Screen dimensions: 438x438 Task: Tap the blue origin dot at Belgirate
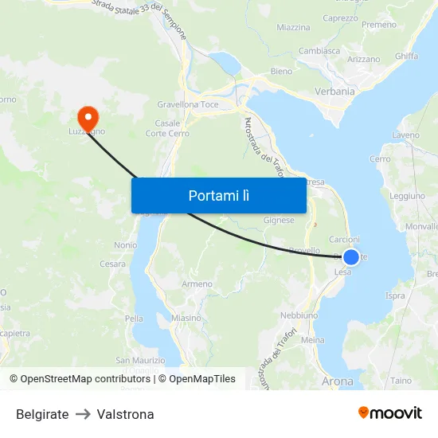(x=350, y=256)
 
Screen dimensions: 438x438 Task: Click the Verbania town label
(x=334, y=91)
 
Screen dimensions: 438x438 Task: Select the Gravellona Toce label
(x=188, y=104)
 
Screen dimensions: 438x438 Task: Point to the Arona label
(x=338, y=381)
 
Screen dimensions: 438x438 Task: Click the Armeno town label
(x=197, y=284)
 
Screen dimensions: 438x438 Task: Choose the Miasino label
(x=186, y=318)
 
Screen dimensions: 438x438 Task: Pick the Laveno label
(x=405, y=135)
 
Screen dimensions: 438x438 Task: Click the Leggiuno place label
(x=408, y=196)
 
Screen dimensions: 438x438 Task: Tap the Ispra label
(x=395, y=295)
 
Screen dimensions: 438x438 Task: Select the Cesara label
(x=112, y=264)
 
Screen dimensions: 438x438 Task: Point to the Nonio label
(x=125, y=245)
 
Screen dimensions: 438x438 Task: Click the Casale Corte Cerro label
(x=167, y=128)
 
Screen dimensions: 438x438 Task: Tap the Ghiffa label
(x=405, y=56)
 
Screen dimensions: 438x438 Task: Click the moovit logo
(x=389, y=413)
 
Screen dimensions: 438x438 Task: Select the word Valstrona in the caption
(x=125, y=414)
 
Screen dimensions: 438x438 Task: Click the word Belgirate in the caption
(x=42, y=414)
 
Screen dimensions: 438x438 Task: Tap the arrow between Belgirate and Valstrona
(x=83, y=414)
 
